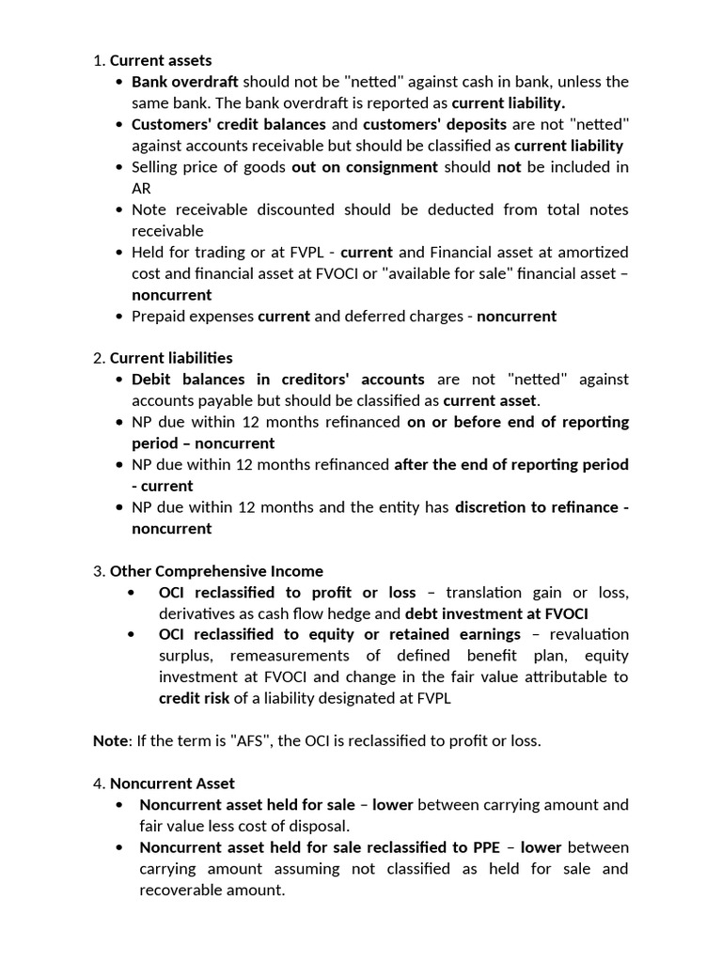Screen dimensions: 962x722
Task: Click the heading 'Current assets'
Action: (x=161, y=61)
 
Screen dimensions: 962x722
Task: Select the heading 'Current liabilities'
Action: (x=171, y=358)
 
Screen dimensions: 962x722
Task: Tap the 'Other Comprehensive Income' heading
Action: (x=216, y=571)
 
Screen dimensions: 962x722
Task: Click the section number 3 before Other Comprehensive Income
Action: (x=98, y=571)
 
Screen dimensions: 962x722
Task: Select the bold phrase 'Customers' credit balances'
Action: (x=228, y=124)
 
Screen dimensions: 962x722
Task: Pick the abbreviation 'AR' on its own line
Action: (x=141, y=188)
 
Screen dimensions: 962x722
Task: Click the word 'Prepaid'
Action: (x=158, y=316)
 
